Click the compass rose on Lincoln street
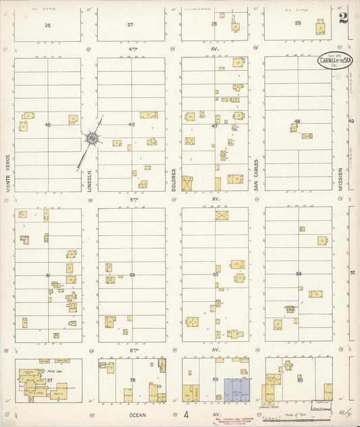(91, 139)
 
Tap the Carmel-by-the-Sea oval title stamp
(335, 61)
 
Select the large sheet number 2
(344, 17)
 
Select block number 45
(48, 124)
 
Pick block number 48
(297, 122)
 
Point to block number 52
(132, 274)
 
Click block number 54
(299, 274)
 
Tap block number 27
(130, 25)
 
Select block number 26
(47, 25)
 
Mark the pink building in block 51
(24, 239)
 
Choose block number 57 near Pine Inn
(49, 380)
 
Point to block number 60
(299, 380)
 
